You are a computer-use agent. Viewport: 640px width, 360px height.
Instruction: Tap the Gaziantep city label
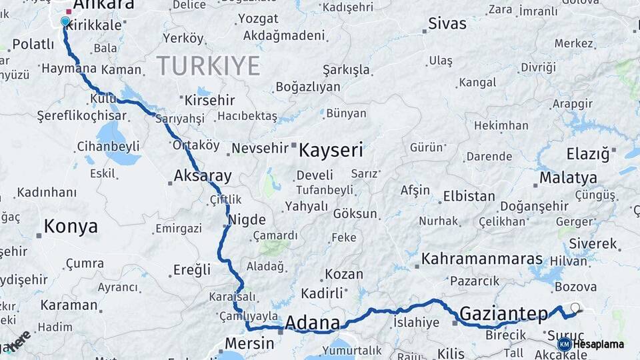click(503, 313)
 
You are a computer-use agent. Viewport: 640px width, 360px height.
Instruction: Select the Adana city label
click(312, 323)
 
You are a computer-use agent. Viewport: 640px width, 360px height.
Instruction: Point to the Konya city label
click(71, 227)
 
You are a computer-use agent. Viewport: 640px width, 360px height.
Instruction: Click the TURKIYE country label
click(208, 66)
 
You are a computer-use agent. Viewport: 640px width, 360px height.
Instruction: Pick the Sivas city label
click(447, 24)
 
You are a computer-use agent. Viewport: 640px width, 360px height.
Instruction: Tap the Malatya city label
click(568, 178)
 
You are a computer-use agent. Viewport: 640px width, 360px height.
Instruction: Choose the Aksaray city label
click(203, 177)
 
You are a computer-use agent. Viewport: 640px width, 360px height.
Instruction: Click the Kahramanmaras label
click(482, 258)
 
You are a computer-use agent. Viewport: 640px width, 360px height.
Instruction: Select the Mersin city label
click(249, 343)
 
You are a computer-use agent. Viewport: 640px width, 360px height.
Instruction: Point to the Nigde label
click(247, 220)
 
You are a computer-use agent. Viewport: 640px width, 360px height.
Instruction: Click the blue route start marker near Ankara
click(65, 21)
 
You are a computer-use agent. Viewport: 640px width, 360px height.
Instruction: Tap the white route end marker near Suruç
click(575, 307)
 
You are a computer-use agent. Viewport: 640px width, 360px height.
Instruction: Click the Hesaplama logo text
click(598, 344)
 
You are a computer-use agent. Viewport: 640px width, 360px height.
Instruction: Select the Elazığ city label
click(588, 154)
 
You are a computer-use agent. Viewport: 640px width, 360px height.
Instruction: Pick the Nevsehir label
click(261, 147)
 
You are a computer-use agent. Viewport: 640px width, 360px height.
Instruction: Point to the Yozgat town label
click(258, 19)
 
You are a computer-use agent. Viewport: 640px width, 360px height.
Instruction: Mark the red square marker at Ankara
click(69, 11)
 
